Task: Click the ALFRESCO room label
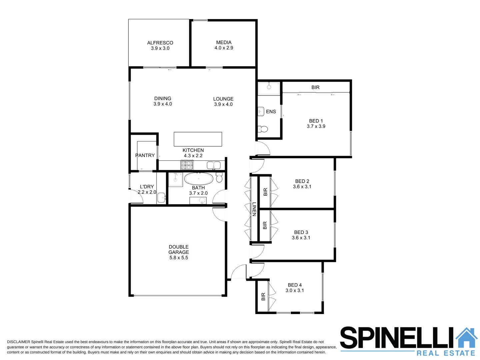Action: [160, 43]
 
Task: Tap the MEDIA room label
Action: [224, 42]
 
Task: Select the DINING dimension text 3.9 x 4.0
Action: [163, 104]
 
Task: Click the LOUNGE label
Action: [223, 99]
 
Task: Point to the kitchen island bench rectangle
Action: [198, 139]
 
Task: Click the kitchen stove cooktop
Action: [187, 165]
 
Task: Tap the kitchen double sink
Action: [213, 165]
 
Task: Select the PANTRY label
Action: [145, 155]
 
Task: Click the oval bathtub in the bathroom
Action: [199, 179]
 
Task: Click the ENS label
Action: [271, 112]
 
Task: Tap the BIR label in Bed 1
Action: [315, 87]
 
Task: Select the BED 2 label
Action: [302, 181]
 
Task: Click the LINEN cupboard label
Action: [254, 209]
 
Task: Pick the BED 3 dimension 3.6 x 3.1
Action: [301, 238]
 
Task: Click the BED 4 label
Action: [295, 285]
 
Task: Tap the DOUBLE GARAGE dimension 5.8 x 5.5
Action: [179, 258]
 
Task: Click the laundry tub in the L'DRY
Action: [161, 197]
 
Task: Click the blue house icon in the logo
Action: [466, 338]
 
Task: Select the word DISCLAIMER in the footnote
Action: [18, 342]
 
